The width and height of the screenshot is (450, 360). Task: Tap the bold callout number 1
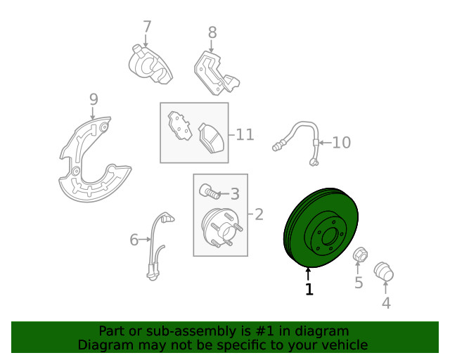pos(309,290)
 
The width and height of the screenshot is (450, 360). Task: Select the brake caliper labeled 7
pos(150,65)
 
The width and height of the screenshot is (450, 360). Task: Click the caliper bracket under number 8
pos(216,73)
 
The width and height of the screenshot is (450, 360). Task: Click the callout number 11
pos(245,134)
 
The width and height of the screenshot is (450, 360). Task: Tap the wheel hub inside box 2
pos(220,229)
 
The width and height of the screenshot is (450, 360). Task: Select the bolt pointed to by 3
pos(210,191)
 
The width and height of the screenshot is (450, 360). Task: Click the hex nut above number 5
pos(360,255)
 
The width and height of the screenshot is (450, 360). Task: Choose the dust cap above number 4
pos(384,271)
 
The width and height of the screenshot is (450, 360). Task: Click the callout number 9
pos(94,99)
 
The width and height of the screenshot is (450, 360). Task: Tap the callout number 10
pos(341,143)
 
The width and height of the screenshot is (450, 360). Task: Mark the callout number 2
pos(259,214)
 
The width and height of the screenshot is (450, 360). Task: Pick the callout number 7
pos(147,27)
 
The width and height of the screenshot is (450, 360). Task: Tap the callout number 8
pos(212,32)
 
